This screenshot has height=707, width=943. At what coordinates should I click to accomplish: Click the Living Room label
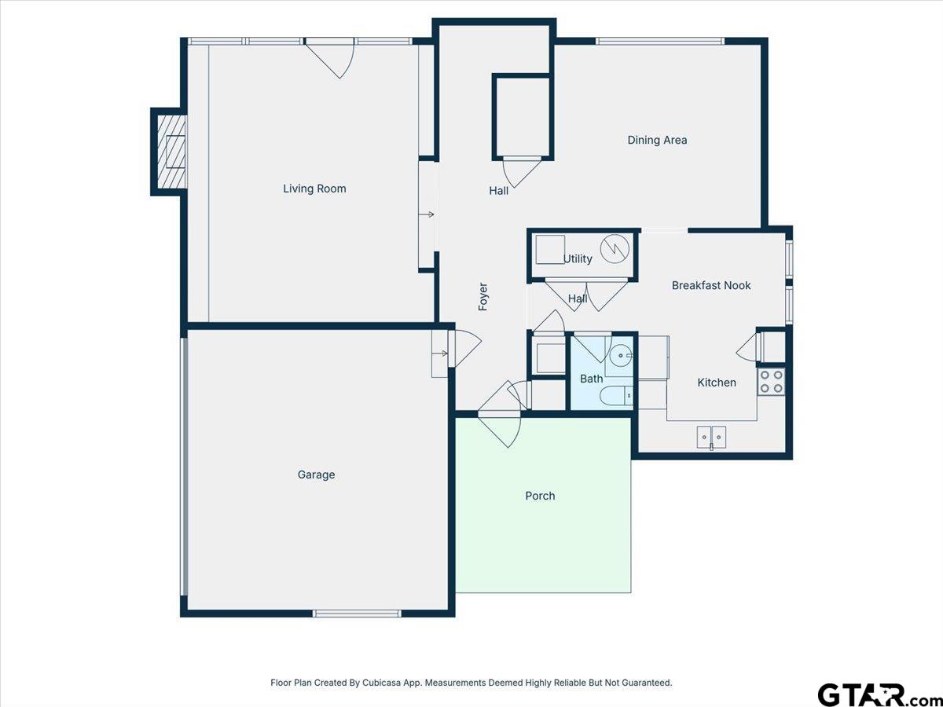click(x=314, y=189)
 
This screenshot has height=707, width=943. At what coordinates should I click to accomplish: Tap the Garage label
click(x=316, y=474)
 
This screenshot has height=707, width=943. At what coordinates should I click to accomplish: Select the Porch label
click(x=540, y=496)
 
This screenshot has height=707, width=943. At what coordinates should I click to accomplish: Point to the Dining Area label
click(x=657, y=140)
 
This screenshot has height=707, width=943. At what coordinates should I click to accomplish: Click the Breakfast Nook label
click(x=711, y=285)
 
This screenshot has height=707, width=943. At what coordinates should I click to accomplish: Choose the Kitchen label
click(x=717, y=383)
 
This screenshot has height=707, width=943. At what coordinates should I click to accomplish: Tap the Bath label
click(x=591, y=379)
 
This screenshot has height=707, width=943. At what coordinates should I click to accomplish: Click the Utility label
click(x=578, y=259)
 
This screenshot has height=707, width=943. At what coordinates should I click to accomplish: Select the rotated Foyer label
click(x=483, y=297)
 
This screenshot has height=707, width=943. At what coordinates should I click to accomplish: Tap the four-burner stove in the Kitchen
click(x=771, y=382)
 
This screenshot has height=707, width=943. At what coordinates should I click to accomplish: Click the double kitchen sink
click(x=711, y=437)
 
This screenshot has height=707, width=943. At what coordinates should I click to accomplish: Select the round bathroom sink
click(x=621, y=356)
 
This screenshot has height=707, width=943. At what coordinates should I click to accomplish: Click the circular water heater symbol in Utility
click(x=615, y=248)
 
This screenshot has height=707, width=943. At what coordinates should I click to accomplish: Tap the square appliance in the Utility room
click(x=550, y=249)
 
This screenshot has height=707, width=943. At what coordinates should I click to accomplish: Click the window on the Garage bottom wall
click(x=357, y=614)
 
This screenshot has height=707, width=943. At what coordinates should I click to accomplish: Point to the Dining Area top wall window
click(x=660, y=41)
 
